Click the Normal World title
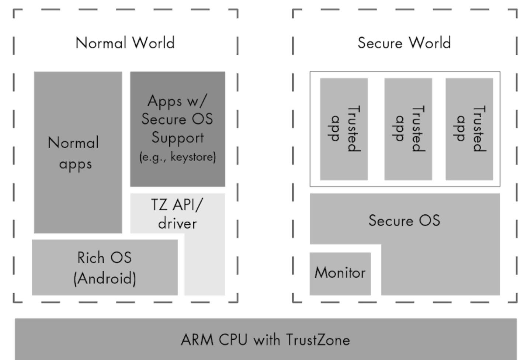(125, 43)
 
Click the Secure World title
(404, 43)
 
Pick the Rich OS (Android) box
(104, 267)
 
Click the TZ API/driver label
(177, 214)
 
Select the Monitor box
(340, 273)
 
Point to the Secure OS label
(404, 221)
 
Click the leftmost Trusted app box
(344, 129)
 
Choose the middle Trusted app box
(408, 129)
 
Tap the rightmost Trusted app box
(469, 129)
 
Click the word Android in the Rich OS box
(105, 278)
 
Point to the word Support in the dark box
(177, 138)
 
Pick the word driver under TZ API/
(177, 224)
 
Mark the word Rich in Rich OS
(91, 257)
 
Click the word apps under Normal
(75, 163)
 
